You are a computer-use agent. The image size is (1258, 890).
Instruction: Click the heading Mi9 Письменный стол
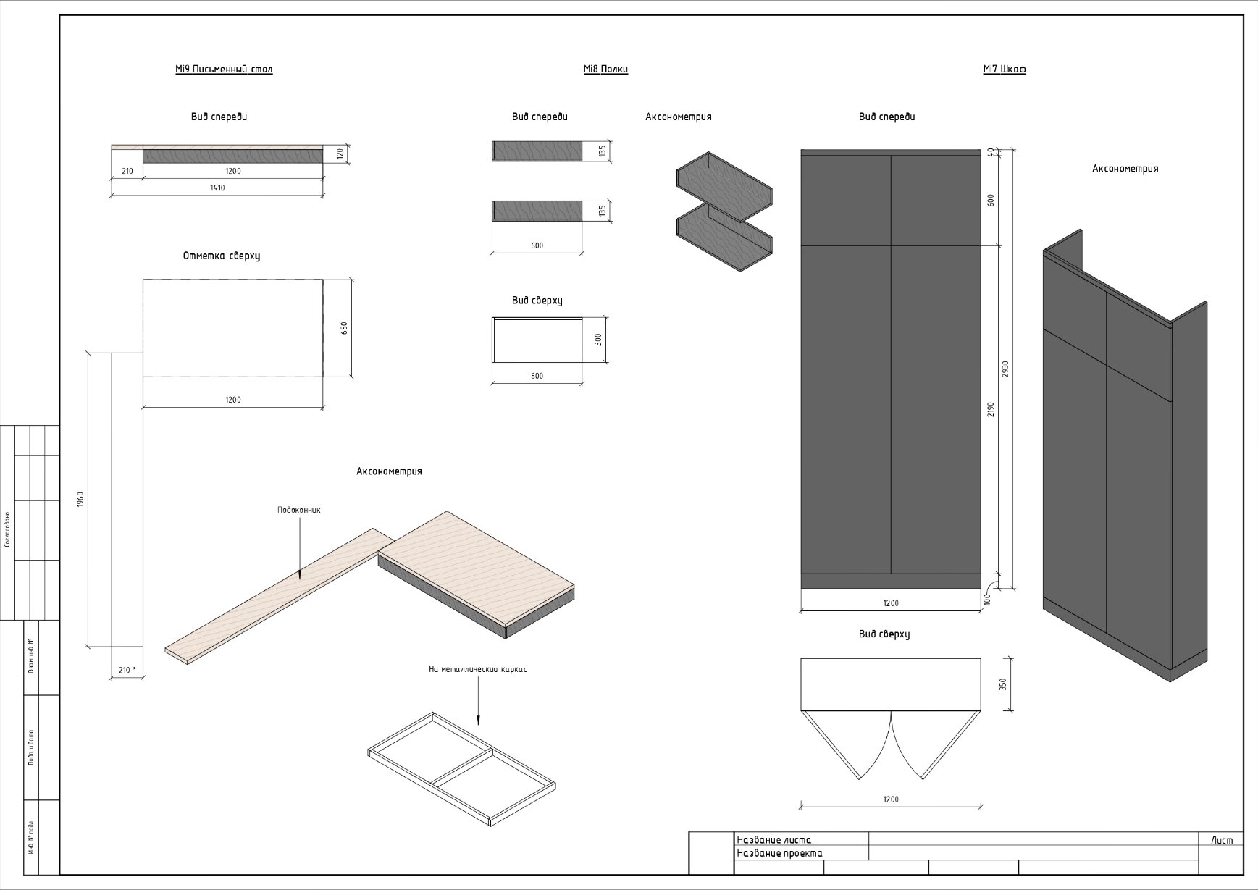point(224,70)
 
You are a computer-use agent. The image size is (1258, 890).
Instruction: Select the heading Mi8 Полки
point(605,70)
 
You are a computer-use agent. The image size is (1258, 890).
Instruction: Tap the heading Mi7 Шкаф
point(1005,70)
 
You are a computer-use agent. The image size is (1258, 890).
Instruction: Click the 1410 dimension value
point(217,188)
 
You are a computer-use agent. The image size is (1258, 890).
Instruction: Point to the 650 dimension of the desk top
point(344,328)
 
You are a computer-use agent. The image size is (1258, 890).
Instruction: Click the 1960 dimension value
point(80,500)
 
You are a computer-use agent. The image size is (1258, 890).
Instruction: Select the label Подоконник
point(298,510)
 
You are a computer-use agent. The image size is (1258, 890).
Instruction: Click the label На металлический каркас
point(478,670)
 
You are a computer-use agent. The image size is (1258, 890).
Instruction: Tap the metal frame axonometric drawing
point(462,768)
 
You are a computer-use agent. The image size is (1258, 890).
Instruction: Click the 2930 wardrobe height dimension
point(1005,369)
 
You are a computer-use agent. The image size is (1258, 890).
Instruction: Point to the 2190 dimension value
point(991,409)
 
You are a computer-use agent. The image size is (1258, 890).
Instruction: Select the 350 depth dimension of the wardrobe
point(1004,684)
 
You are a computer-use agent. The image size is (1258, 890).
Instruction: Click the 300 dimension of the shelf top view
point(598,340)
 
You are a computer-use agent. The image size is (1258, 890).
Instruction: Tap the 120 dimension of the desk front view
point(339,154)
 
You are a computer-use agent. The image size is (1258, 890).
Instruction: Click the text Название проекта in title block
point(779,853)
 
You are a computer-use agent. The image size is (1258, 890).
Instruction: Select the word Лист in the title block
point(1222,840)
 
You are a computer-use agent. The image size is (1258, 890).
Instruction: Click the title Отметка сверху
point(222,256)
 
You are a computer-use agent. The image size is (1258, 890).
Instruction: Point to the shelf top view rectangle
point(537,340)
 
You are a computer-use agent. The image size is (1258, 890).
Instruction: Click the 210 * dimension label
point(127,670)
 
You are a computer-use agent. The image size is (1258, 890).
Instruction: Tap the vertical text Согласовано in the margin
point(7,529)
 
